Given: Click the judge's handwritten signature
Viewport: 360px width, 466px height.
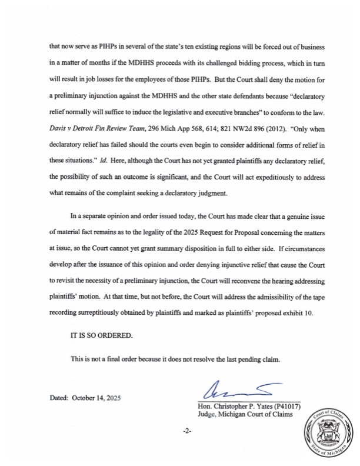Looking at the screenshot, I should (x=235, y=390).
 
